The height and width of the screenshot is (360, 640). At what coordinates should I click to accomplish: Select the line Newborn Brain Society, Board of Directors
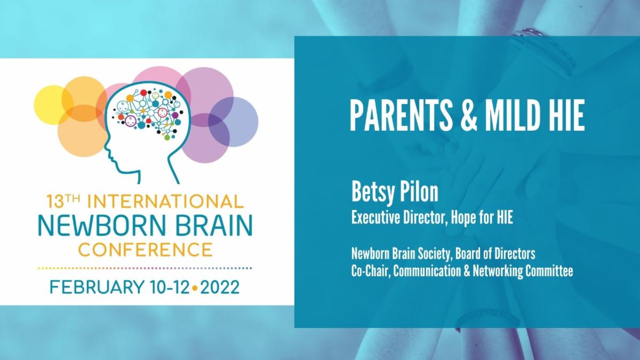443,252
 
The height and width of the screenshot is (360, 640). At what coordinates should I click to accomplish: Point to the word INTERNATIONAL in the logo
165,202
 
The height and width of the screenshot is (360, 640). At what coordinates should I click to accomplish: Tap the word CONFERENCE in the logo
145,249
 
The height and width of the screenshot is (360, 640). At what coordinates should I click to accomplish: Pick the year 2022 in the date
219,287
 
